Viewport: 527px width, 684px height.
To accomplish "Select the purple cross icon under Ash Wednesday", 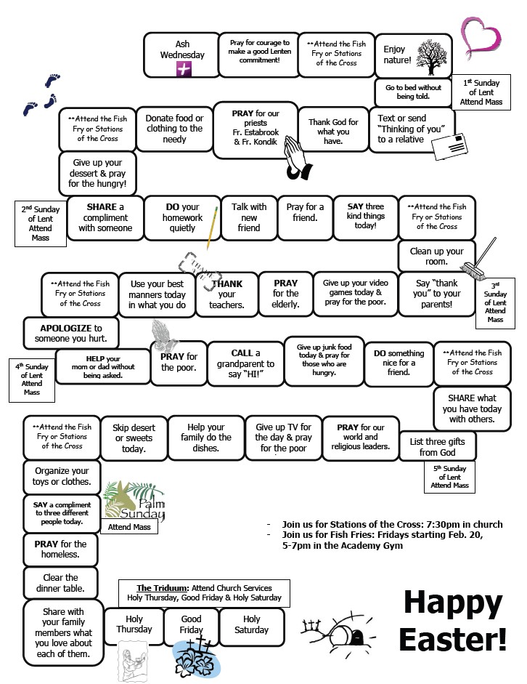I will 183,68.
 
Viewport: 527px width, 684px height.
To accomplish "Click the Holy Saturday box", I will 251,624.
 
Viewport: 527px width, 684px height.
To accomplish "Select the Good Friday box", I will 192,624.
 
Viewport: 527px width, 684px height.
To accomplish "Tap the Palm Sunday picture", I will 134,502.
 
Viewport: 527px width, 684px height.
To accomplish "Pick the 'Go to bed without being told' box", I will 413,92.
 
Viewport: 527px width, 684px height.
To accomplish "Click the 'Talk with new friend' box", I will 249,217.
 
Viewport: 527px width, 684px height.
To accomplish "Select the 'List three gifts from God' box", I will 437,447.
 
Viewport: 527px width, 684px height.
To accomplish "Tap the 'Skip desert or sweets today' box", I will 134,438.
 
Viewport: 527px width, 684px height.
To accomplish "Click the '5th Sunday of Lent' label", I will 450,477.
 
